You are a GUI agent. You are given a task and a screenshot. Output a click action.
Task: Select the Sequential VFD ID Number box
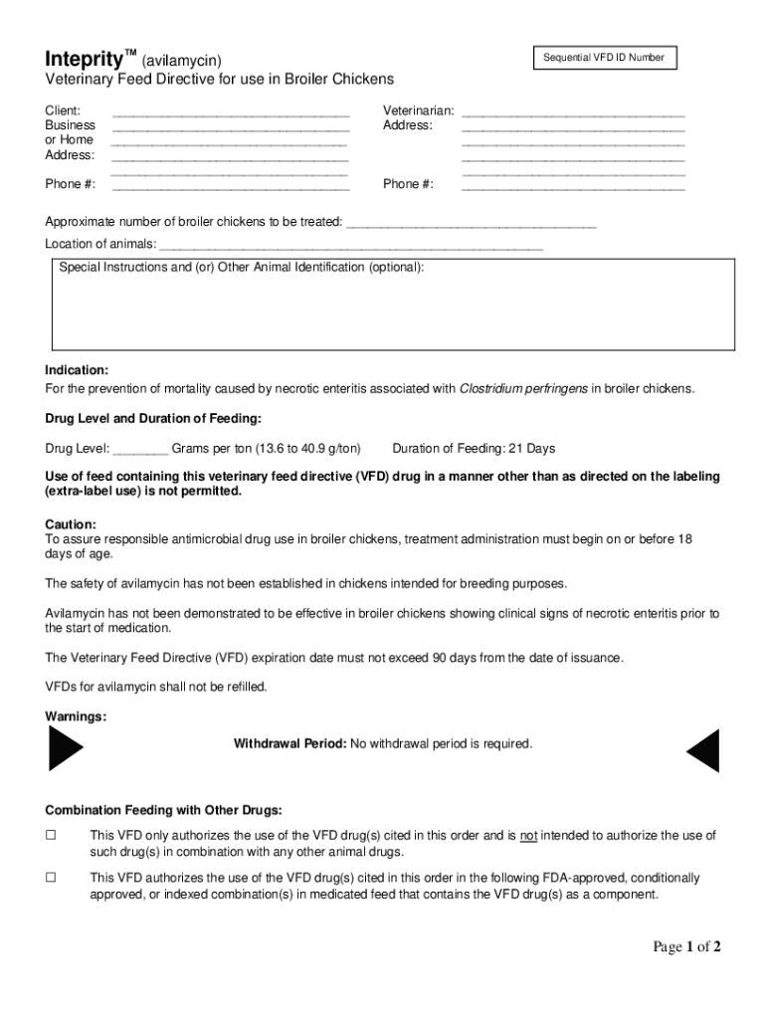tap(603, 58)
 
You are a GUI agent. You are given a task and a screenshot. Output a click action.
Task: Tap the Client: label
tap(63, 110)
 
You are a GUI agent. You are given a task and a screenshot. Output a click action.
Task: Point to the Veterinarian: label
tap(419, 110)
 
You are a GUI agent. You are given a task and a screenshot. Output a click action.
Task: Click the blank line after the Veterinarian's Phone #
tap(573, 185)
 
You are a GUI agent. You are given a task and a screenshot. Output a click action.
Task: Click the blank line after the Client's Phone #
tap(231, 185)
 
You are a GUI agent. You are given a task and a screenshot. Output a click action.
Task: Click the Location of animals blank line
tap(351, 246)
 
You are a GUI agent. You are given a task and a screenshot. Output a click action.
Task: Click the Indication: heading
tap(77, 370)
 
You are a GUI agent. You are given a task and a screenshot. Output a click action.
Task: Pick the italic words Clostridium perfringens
tap(523, 388)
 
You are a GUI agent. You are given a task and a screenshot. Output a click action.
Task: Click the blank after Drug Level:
tap(140, 450)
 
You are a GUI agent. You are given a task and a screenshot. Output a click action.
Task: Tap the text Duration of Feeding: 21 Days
tap(474, 449)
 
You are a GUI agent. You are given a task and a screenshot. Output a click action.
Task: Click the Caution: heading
tap(71, 524)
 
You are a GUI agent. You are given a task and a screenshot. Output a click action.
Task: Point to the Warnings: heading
tap(76, 716)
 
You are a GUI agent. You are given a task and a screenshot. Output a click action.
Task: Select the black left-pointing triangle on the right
tap(703, 751)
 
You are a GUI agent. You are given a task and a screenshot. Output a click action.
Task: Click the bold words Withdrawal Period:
tap(289, 744)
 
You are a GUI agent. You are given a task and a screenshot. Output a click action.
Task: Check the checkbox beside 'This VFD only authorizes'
tap(51, 836)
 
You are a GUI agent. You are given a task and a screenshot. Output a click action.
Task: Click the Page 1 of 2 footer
tap(686, 946)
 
